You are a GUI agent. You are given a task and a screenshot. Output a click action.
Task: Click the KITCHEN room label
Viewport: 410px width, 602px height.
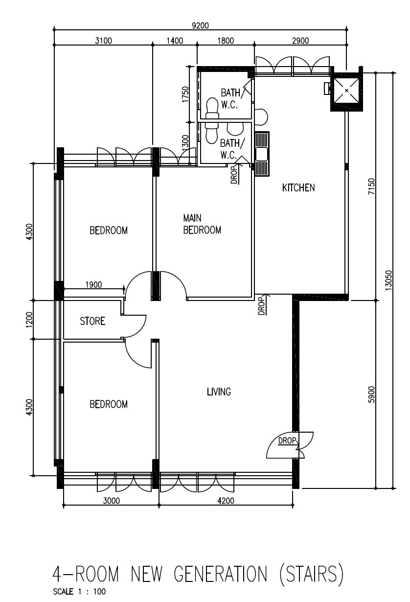298,187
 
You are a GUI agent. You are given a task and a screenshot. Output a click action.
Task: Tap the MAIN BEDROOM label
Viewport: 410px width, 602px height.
202,224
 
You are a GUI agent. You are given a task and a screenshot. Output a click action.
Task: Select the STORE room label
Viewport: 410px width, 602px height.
92,321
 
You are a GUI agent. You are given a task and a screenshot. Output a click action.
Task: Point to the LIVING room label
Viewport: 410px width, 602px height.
219,392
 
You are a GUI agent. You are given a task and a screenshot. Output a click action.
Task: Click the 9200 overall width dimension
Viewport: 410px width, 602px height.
200,25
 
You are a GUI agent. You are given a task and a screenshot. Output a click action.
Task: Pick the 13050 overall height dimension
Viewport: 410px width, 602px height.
388,280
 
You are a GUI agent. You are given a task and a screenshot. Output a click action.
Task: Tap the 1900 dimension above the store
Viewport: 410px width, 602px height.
93,285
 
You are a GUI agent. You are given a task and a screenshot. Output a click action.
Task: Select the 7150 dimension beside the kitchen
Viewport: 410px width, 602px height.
371,186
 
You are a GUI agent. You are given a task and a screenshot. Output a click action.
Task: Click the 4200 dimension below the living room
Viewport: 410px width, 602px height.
226,501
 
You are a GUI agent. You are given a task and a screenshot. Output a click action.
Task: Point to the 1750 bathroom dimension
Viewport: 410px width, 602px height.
185,94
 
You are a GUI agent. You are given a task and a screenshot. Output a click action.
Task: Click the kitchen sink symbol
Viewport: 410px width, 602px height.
262,154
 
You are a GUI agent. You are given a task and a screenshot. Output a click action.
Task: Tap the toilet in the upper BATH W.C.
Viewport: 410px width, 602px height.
212,108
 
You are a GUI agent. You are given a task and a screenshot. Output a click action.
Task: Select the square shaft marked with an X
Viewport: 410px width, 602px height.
346,91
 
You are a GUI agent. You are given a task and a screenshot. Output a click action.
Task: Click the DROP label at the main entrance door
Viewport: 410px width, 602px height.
287,440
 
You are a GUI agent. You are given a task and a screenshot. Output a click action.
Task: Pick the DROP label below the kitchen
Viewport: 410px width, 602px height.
261,306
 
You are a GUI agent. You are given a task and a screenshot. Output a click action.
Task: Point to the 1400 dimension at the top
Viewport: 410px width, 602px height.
175,41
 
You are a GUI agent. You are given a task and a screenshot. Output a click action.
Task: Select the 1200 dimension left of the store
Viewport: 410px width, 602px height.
29,320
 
